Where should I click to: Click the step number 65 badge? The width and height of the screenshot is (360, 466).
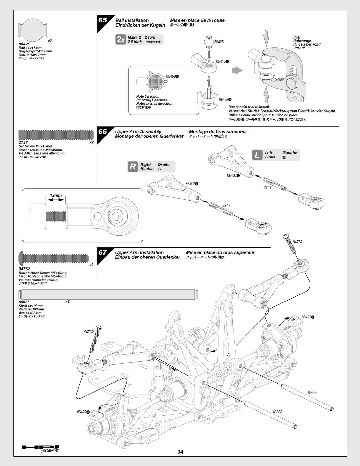(x=103, y=20)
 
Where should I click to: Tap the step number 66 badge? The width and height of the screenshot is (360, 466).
(x=103, y=132)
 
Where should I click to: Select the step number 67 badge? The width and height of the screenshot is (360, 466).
(x=103, y=253)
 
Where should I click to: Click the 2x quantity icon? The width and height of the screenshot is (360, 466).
(x=121, y=39)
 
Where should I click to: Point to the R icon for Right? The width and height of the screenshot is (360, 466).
(x=133, y=167)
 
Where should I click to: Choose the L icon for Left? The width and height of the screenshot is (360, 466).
(x=257, y=155)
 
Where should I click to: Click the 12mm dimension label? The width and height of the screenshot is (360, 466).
(x=56, y=195)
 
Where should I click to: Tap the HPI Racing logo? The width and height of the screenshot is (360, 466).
(x=41, y=448)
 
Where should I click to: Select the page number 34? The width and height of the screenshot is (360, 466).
(x=180, y=452)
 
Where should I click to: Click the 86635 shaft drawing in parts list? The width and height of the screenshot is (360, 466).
(x=108, y=294)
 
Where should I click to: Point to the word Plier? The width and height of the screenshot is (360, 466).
(x=297, y=37)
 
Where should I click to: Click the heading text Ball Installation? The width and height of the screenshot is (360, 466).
(x=132, y=20)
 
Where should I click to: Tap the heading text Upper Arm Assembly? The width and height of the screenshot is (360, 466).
(x=138, y=132)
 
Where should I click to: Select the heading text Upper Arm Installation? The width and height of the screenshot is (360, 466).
(x=139, y=252)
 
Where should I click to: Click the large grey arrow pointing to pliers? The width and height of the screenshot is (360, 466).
(x=237, y=71)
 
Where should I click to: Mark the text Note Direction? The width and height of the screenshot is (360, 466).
(x=148, y=96)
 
